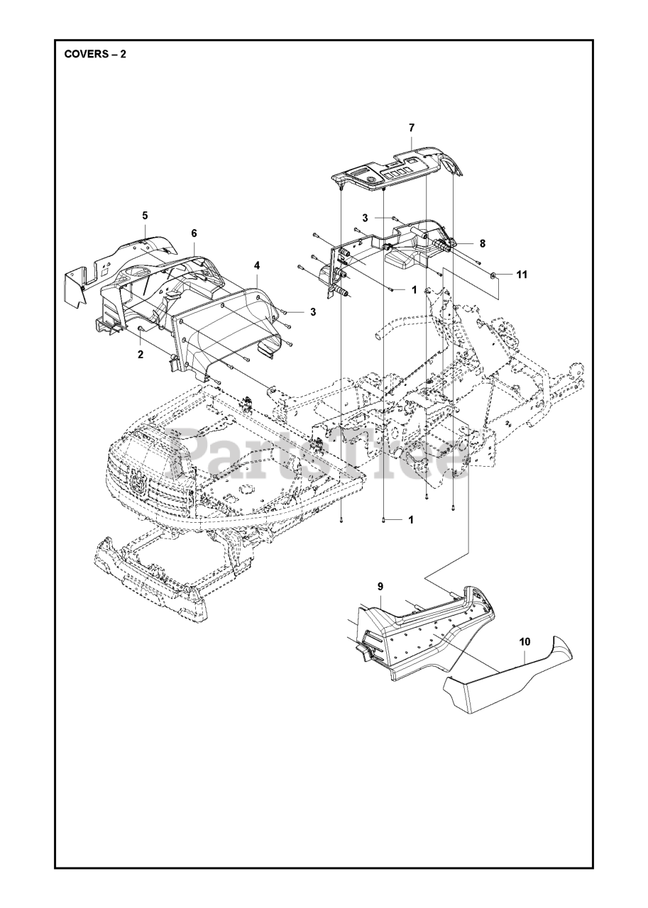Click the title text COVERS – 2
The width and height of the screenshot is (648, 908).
(95, 55)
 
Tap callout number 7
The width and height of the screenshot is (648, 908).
(412, 128)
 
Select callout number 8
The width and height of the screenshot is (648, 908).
(483, 243)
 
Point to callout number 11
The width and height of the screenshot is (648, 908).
(522, 274)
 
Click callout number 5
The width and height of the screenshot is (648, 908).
(145, 215)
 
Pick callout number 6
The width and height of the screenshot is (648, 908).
(194, 233)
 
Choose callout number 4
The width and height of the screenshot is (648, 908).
(257, 265)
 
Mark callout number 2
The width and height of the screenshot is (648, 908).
(141, 354)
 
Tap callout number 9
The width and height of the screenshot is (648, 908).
(380, 586)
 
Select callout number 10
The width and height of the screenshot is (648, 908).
(525, 642)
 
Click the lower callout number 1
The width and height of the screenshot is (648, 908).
(410, 519)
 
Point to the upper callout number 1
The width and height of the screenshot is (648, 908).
(414, 289)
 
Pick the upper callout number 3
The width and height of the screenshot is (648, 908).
(364, 217)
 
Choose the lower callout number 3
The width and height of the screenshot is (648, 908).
(312, 311)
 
